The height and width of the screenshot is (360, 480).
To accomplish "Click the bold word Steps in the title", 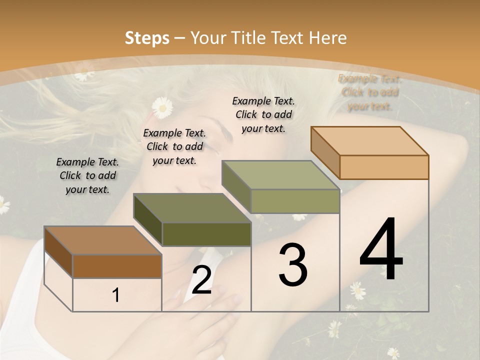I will tap(147, 38).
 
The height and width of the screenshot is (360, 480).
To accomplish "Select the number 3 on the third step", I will tap(293, 265).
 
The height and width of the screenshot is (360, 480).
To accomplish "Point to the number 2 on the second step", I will tap(201, 280).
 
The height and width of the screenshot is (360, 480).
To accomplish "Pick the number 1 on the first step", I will tap(116, 295).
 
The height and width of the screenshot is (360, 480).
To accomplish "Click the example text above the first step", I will tap(87, 175).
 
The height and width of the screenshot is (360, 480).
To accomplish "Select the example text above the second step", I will tap(174, 146).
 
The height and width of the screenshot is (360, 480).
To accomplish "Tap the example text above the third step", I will tap(263, 114).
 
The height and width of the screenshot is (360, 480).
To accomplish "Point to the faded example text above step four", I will tap(370, 92).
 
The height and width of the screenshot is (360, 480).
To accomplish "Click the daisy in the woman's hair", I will tap(162, 107).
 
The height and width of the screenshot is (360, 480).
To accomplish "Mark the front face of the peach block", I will tap(384, 167).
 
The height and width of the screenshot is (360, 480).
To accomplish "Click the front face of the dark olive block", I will tap(206, 234).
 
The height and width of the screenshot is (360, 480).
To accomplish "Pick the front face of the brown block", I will tap(117, 266).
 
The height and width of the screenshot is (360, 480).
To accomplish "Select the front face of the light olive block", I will tap(295, 201).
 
